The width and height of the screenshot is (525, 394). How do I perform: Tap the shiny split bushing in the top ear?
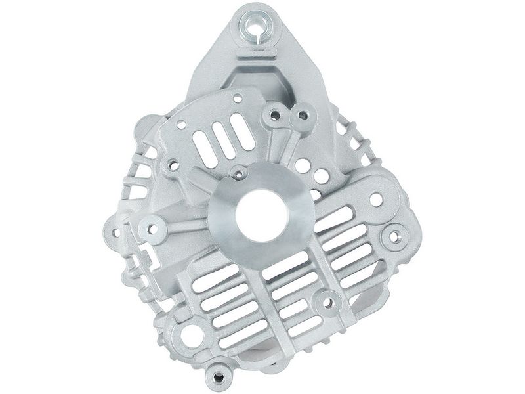pos(253,27)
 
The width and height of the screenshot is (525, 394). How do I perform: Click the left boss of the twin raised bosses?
pos(273,116)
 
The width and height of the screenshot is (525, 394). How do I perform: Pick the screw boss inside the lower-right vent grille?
pos(324,304)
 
